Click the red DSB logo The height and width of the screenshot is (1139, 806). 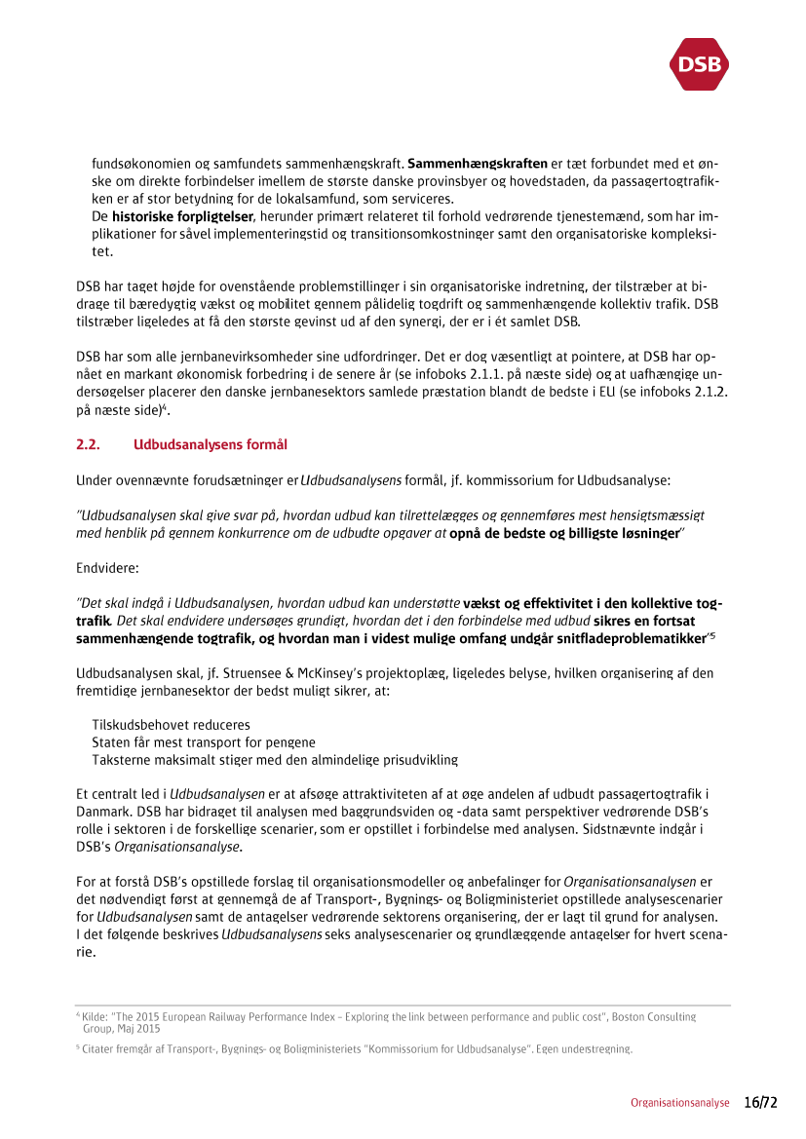point(699,64)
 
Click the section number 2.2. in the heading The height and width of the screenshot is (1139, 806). point(90,445)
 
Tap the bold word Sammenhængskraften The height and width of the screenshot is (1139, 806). point(478,163)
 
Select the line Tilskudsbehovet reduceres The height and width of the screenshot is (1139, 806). point(171,725)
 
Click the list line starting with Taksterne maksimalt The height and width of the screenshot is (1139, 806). point(274,760)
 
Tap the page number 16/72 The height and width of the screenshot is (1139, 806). point(761,1103)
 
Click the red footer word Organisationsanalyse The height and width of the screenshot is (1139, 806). point(679,1103)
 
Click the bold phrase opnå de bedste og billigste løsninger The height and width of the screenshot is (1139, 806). point(564,533)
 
